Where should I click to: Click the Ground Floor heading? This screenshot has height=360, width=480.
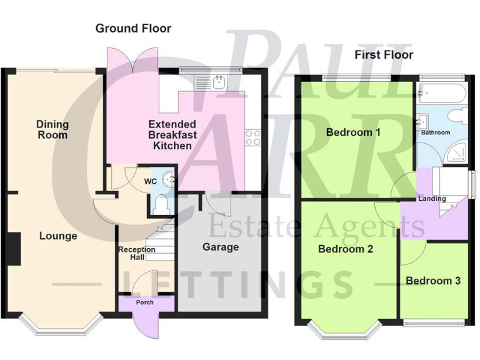pos(133,28)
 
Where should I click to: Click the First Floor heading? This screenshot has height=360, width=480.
pos(384,55)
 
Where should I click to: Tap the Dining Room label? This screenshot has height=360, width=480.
pos(52,129)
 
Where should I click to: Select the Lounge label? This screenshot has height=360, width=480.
pos(58,236)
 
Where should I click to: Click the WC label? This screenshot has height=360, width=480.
pos(150,181)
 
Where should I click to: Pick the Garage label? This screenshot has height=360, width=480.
pos(221,247)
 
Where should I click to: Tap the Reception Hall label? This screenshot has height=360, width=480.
pos(133,253)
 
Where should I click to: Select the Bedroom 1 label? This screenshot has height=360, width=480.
pos(353,132)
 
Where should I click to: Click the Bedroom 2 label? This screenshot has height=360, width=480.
pos(346,249)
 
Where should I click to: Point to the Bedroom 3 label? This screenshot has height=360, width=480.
pos(433,281)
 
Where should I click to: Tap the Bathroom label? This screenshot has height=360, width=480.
pos(435,132)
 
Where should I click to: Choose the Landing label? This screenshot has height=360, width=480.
pos(432,199)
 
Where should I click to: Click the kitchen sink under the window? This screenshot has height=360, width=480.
pos(217,82)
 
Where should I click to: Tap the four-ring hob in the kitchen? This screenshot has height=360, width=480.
pos(252,137)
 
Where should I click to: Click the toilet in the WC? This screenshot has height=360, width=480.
pos(161,203)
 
